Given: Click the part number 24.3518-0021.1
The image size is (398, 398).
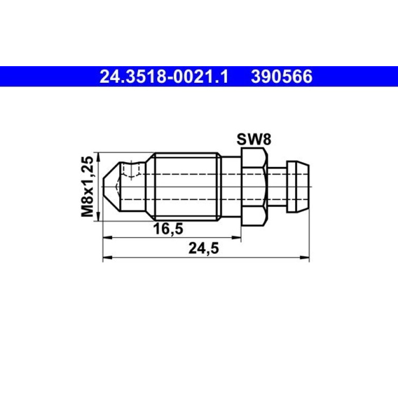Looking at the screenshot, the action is [x=164, y=76].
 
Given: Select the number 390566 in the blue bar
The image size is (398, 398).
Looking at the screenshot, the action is [x=282, y=76].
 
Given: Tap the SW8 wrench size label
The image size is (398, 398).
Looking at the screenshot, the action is [x=254, y=140].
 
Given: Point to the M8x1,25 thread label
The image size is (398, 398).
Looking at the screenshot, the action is [x=87, y=187].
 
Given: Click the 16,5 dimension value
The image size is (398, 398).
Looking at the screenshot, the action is [x=168, y=229].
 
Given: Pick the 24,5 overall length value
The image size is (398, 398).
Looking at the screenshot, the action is [x=204, y=248].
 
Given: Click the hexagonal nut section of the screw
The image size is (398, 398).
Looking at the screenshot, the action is [x=254, y=187].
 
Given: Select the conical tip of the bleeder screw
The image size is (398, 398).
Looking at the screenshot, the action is [x=112, y=187].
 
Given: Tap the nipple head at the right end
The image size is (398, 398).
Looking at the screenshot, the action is [x=298, y=187].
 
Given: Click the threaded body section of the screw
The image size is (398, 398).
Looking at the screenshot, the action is [x=186, y=187].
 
